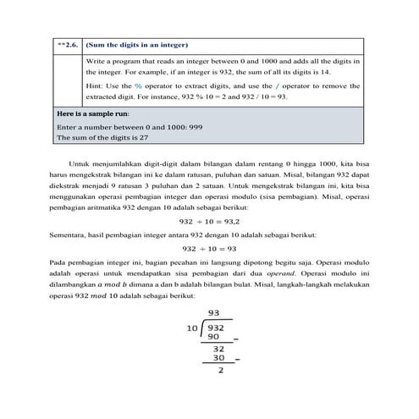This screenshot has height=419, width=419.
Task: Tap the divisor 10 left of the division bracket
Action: coord(193,327)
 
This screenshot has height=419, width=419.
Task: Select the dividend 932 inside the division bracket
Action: coord(217,327)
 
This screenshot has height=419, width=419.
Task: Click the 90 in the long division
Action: coord(214,337)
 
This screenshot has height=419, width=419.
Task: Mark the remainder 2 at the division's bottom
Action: coord(222,370)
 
